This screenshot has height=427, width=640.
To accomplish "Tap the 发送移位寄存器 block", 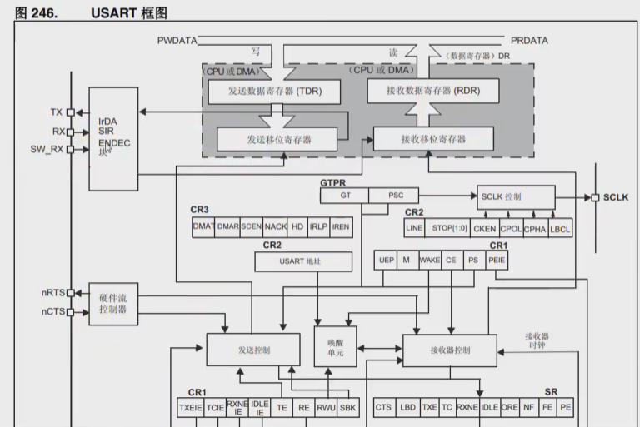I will tap(278, 139).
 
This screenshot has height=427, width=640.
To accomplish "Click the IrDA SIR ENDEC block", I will tap(112, 137).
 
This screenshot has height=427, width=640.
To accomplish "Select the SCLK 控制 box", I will tap(516, 197).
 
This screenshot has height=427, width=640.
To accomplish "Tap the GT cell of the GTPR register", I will tap(345, 196).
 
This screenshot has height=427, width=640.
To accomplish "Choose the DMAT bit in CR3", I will tap(203, 226).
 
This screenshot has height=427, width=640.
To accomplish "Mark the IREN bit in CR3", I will tap(341, 226).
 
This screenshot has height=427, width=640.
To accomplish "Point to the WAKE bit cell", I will tap(429, 260).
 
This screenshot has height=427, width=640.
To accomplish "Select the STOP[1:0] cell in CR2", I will tap(448, 227).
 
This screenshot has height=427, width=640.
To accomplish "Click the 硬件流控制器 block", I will tap(112, 303).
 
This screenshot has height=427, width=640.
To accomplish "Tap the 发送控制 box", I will tap(252, 350).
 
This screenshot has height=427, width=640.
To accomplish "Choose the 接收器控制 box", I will tap(449, 350).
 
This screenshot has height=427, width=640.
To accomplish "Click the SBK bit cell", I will tap(348, 407).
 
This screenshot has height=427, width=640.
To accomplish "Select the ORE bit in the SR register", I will tap(510, 407).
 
